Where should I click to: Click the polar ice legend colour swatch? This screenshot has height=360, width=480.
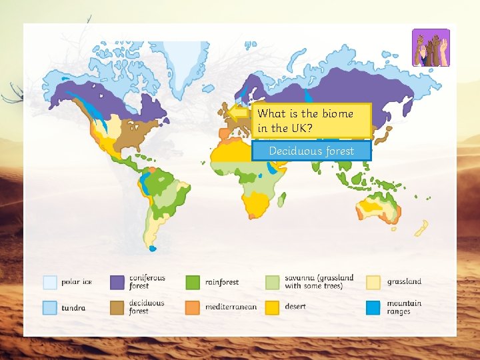pos(49,282)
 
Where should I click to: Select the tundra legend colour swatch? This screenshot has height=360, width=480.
pos(49,307)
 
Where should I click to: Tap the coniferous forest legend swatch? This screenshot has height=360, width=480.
pos(118,282)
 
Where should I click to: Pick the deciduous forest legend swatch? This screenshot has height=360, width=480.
pos(118,307)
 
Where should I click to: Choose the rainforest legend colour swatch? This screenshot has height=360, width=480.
pos(193,282)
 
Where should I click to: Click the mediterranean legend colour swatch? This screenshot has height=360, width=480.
pos(193,307)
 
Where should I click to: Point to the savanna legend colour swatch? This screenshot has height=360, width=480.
pos(273,282)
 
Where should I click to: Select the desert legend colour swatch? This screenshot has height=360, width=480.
pos(273,307)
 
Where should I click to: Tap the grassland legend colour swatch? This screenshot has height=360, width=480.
pos(373,282)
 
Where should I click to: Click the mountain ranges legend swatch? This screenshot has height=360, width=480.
pos(373,307)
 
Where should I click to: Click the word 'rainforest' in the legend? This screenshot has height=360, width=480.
pos(222,283)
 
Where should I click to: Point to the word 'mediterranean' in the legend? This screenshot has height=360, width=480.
pos(231,307)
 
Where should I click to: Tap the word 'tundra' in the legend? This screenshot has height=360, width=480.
pos(73,308)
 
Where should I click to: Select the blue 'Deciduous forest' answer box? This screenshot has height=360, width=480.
pos(311,151)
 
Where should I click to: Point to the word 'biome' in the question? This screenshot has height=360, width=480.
pos(337,113)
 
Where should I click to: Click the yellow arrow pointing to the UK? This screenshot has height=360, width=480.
pos(239,113)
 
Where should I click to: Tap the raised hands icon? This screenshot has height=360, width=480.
pos(431,47)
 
